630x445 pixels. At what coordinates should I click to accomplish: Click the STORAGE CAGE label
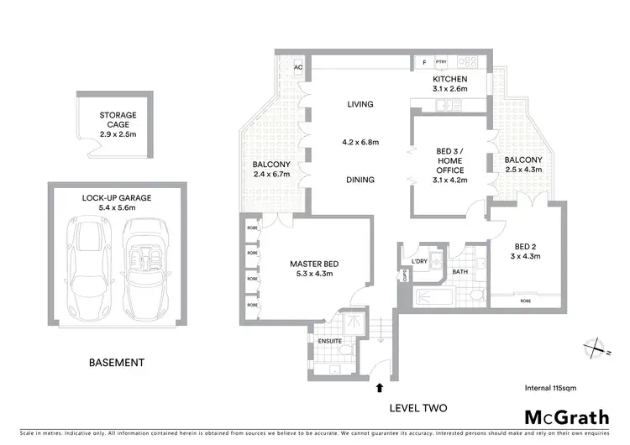[118, 120]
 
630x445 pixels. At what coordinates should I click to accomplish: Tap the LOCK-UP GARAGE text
[117, 197]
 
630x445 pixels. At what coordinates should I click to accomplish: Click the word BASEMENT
[117, 363]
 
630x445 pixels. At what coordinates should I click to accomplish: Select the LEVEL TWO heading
[417, 408]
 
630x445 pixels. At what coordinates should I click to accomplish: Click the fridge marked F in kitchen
[424, 62]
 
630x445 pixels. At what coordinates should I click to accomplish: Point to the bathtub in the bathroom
[437, 296]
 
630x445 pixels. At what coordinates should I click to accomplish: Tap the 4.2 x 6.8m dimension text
[360, 143]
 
